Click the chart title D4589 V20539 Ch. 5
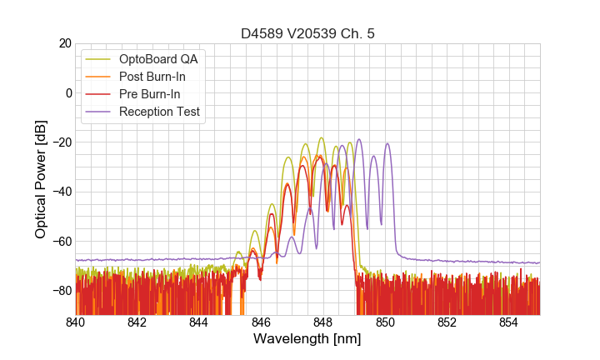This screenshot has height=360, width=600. click(307, 33)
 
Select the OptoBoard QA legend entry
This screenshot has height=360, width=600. click(158, 59)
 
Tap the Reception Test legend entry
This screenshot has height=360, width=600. click(159, 112)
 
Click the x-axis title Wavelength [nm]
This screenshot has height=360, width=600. click(307, 339)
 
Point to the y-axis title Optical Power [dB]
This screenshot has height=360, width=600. click(41, 179)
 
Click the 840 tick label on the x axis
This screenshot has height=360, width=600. click(76, 322)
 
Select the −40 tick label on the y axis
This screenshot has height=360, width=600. click(61, 192)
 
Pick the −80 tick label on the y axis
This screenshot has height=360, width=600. click(61, 291)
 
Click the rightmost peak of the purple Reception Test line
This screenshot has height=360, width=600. click(387, 143)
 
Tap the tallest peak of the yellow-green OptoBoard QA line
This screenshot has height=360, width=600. click(322, 137)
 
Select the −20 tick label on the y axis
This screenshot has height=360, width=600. click(61, 142)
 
